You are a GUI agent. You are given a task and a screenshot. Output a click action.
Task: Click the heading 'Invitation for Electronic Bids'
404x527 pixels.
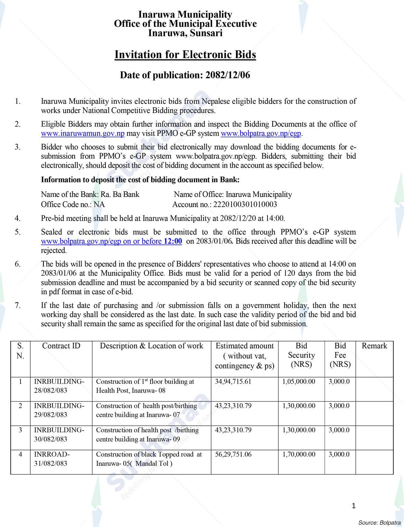point(185,55)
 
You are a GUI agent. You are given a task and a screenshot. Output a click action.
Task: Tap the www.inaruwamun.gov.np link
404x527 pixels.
point(82,133)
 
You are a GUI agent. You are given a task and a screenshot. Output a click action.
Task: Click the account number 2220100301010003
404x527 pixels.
point(245,205)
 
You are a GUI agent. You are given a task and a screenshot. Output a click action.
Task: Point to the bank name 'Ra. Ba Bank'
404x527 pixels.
point(120,195)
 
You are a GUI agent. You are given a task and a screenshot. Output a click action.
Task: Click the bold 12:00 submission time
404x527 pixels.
point(173,241)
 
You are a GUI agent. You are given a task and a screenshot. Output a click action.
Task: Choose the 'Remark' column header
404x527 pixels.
point(374,346)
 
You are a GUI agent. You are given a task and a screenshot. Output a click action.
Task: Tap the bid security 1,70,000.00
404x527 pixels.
point(299,454)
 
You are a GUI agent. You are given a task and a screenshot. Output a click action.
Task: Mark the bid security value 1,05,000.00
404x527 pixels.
point(299,382)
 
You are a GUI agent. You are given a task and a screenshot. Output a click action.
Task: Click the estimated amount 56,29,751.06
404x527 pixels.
point(233,454)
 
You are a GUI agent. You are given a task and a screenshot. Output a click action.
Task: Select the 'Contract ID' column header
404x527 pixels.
point(61,346)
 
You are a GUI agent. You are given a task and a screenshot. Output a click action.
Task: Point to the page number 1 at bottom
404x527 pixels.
point(354,506)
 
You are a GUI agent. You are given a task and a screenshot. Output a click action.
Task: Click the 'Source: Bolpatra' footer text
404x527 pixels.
point(379,523)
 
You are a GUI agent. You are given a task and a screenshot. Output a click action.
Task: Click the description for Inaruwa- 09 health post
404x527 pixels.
point(147,435)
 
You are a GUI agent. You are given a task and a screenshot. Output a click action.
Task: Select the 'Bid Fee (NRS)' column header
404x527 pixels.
point(340,355)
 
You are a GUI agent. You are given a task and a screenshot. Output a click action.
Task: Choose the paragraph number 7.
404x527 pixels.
point(18,305)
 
